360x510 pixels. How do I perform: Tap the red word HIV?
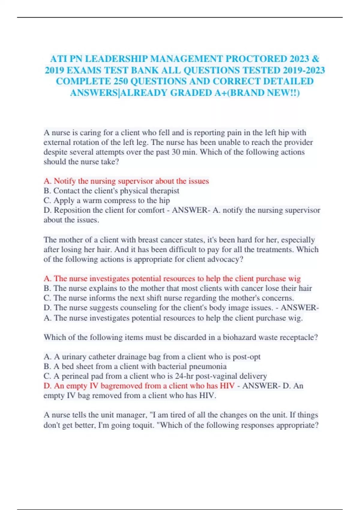pyautogui.click(x=227, y=386)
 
